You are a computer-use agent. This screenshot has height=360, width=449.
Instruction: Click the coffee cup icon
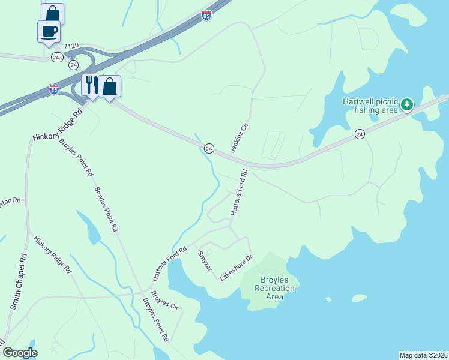pos(49,31)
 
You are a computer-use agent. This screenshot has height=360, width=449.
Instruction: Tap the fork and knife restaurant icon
pos(92,85)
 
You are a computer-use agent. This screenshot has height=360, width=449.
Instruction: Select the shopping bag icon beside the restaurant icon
pos(110,86)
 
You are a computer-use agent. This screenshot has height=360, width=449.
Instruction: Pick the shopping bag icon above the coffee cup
pos(53,14)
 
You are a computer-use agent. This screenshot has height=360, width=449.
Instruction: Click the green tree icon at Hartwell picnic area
pos(408,105)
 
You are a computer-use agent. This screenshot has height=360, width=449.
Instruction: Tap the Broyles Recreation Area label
pos(274,288)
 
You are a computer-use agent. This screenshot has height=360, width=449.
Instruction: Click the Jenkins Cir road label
pos(240,138)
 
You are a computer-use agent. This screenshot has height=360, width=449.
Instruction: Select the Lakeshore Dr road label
pos(236,268)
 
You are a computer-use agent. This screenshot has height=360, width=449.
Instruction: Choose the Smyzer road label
pos(205,260)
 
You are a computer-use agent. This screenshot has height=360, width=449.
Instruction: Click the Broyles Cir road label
pos(165,301)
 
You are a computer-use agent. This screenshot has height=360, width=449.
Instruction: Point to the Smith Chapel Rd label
pos(19,281)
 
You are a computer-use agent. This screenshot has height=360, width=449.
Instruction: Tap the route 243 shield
pos(57,57)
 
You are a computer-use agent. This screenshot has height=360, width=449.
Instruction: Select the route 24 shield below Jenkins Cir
pos(209,148)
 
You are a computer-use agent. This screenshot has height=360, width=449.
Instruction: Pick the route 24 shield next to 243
pos(73,64)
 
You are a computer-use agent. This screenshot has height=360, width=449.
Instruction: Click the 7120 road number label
pos(71,46)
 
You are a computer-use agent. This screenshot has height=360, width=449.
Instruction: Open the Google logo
pos(20,353)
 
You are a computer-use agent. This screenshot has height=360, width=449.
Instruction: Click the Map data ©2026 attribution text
pos(423,355)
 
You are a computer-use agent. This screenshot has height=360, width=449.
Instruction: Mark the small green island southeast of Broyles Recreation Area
pos(359,298)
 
